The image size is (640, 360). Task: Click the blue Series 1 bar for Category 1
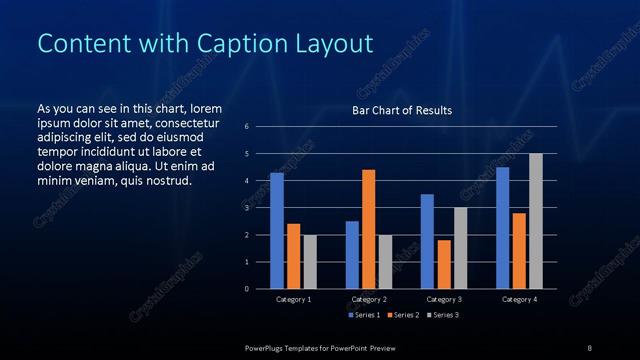[277, 231]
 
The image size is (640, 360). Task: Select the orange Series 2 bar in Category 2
[368, 229]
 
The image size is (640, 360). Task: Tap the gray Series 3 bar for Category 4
[535, 221]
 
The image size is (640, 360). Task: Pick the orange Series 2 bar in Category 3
[443, 264]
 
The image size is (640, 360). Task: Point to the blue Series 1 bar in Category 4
[502, 228]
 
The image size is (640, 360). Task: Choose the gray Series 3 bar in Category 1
[309, 262]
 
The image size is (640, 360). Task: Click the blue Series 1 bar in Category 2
[352, 255]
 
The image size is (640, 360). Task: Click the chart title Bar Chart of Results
[402, 110]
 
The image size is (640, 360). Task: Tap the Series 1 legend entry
[363, 315]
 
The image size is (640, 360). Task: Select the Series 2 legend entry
[402, 315]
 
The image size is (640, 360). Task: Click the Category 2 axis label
[369, 299]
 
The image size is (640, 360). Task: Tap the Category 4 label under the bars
[519, 299]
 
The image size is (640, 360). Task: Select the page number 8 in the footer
[589, 347]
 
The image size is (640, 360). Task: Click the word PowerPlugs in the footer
[266, 347]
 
